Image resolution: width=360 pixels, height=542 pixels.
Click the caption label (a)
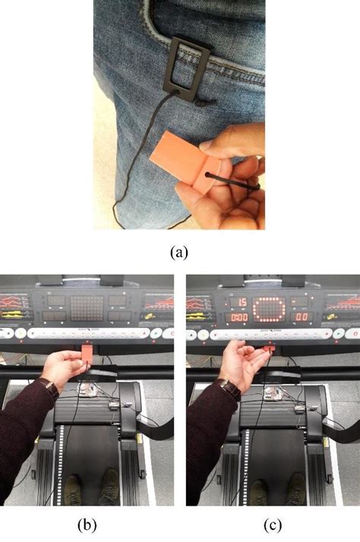(179, 252)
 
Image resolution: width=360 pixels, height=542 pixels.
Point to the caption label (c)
(270, 523)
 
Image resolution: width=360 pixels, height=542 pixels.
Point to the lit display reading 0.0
(302, 317)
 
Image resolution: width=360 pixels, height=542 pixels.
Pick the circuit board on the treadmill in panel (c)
(272, 392)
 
